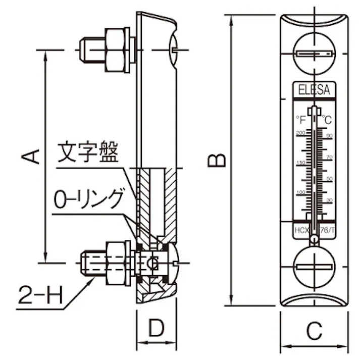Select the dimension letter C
tap(314, 331)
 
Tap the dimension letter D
tap(157, 329)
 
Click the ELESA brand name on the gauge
tap(314, 91)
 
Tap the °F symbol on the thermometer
tap(301, 120)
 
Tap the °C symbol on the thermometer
tap(327, 120)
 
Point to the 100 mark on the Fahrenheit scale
tap(300, 193)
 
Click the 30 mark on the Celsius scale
tap(329, 200)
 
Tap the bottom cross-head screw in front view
tap(314, 265)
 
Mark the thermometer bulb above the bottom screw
tap(314, 240)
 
